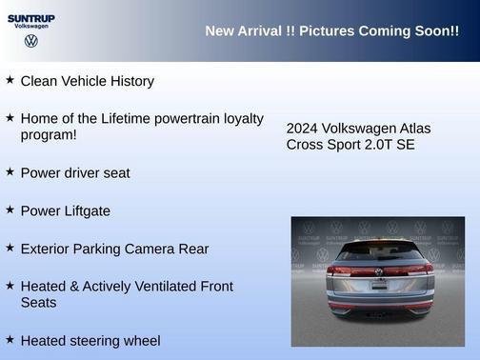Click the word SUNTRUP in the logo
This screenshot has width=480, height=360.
pyautogui.click(x=31, y=17)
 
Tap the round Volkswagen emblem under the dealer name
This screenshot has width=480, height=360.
pyautogui.click(x=31, y=41)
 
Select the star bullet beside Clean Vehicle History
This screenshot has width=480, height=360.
pyautogui.click(x=10, y=80)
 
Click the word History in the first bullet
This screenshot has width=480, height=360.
pyautogui.click(x=130, y=81)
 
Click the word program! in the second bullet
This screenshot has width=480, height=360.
pyautogui.click(x=49, y=135)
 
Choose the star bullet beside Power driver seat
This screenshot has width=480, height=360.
pyautogui.click(x=10, y=171)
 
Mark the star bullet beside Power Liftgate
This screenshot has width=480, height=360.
pyautogui.click(x=10, y=210)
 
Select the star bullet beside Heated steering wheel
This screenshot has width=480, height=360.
pyautogui.click(x=10, y=339)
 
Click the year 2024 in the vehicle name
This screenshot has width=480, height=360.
pyautogui.click(x=302, y=128)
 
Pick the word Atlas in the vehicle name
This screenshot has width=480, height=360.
pyautogui.click(x=412, y=128)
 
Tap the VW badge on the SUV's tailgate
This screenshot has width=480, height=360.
pyautogui.click(x=378, y=271)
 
